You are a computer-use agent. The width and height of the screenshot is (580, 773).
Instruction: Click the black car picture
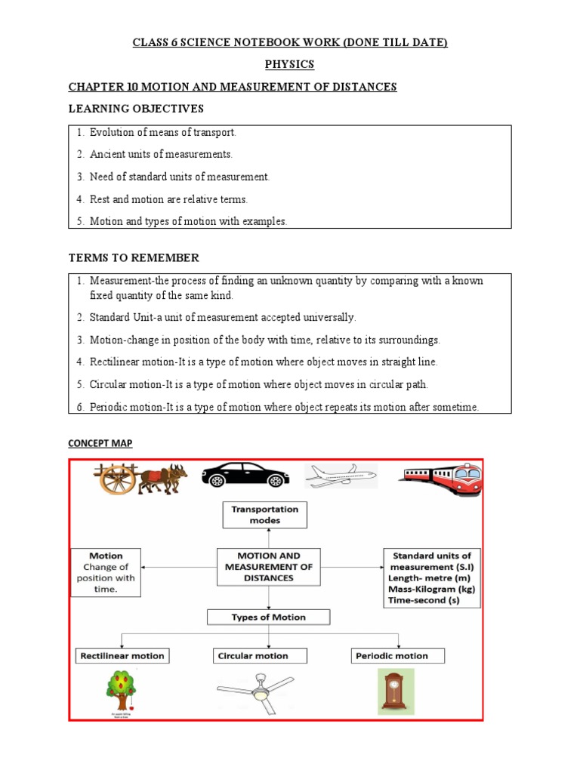click(x=245, y=476)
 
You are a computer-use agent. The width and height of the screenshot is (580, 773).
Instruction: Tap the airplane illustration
click(x=340, y=476)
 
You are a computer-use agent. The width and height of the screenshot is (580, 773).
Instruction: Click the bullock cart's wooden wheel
click(x=117, y=479)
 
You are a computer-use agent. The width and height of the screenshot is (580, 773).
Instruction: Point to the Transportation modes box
click(x=264, y=515)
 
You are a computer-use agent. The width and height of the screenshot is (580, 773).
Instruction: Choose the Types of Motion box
click(x=268, y=617)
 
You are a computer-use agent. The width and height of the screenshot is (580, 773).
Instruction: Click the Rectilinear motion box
click(x=122, y=655)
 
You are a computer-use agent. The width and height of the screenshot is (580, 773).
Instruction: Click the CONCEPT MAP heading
click(x=100, y=443)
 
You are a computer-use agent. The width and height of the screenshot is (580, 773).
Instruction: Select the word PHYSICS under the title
click(x=289, y=64)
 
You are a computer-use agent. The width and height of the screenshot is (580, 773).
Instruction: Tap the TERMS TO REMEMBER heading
click(x=134, y=258)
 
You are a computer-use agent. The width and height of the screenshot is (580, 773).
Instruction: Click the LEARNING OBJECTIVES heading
click(x=136, y=109)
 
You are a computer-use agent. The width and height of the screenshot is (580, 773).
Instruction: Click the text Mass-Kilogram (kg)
click(x=431, y=588)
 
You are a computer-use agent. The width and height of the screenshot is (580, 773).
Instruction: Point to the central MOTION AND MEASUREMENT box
click(x=264, y=567)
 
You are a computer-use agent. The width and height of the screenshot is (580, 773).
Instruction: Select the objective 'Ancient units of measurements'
click(x=161, y=154)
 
